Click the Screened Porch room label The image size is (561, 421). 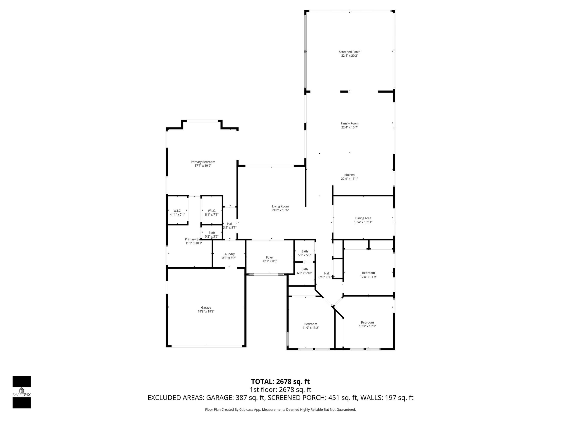pyautogui.click(x=349, y=52)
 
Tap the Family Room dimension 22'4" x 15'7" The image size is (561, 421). pyautogui.click(x=349, y=127)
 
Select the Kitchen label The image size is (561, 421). pyautogui.click(x=349, y=175)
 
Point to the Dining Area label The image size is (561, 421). pyautogui.click(x=363, y=218)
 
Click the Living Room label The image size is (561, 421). pyautogui.click(x=280, y=206)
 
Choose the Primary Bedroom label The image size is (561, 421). pyautogui.click(x=203, y=162)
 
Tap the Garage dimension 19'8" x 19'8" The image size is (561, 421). pyautogui.click(x=206, y=311)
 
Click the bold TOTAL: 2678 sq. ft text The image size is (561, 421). pyautogui.click(x=280, y=381)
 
